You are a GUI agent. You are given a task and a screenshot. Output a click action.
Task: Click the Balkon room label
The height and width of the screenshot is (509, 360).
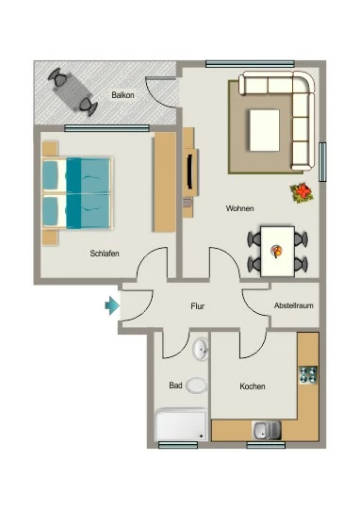coord(123,95)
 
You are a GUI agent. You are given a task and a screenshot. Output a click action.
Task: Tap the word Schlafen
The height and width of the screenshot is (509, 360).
coord(105,254)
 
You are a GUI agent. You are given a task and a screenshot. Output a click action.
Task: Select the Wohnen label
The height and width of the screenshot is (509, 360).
coord(240,208)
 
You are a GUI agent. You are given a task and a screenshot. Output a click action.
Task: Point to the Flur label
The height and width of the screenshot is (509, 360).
coord(197,306)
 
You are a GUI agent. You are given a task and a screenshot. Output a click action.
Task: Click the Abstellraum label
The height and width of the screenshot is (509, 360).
coord(294,305)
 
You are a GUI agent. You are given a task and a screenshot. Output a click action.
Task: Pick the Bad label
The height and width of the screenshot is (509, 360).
coord(175,386)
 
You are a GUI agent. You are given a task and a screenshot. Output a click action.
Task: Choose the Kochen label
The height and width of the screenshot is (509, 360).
coord(253,386)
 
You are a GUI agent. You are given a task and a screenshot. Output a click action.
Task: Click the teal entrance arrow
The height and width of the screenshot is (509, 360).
coord(112,305)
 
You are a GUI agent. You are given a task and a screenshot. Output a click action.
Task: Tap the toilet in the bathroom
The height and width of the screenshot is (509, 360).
coord(197,386)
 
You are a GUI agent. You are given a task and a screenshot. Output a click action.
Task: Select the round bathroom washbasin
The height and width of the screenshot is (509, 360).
coord(201,349)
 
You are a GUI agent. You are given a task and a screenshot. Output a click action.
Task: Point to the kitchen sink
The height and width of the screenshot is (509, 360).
coord(267,431)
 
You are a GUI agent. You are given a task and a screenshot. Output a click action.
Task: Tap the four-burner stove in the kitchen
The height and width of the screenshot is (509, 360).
coord(308,375)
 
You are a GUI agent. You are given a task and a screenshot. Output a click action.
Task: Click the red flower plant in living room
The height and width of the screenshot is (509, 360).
coord(302,193)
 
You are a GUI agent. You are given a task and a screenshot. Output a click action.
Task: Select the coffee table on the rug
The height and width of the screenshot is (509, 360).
coord(265,130)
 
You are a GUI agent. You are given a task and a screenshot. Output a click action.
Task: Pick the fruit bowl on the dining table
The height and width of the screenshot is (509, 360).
coord(276,252)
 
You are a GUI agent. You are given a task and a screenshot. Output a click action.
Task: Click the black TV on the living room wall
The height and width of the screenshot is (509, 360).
coord(190,172)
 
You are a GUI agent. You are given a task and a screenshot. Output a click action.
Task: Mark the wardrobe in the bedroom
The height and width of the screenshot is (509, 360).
coord(165,182)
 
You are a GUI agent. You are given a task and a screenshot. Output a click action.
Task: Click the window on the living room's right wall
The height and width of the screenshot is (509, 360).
coord(322,162)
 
